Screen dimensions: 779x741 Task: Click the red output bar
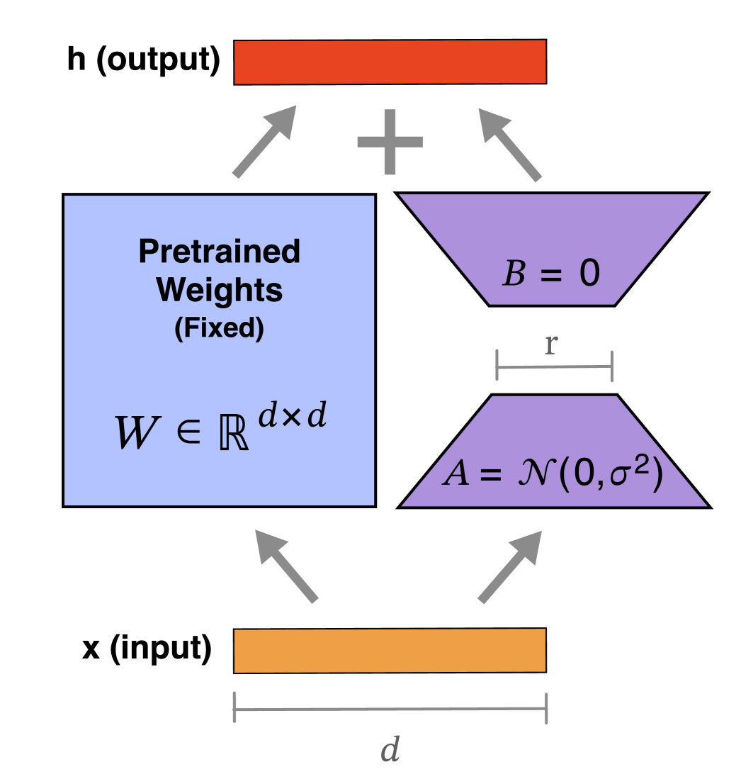(390, 62)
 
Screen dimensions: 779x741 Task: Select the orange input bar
(390, 650)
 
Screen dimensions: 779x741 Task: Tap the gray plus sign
(390, 142)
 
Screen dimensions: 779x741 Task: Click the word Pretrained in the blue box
(220, 252)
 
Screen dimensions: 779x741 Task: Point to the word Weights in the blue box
(220, 290)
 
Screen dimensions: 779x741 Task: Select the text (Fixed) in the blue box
(220, 329)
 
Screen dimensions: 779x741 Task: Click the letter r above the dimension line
(550, 344)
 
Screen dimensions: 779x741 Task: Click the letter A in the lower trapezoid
(456, 473)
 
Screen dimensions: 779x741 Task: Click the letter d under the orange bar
(390, 749)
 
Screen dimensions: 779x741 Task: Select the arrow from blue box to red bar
(265, 141)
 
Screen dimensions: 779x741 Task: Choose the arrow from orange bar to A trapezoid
(510, 566)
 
